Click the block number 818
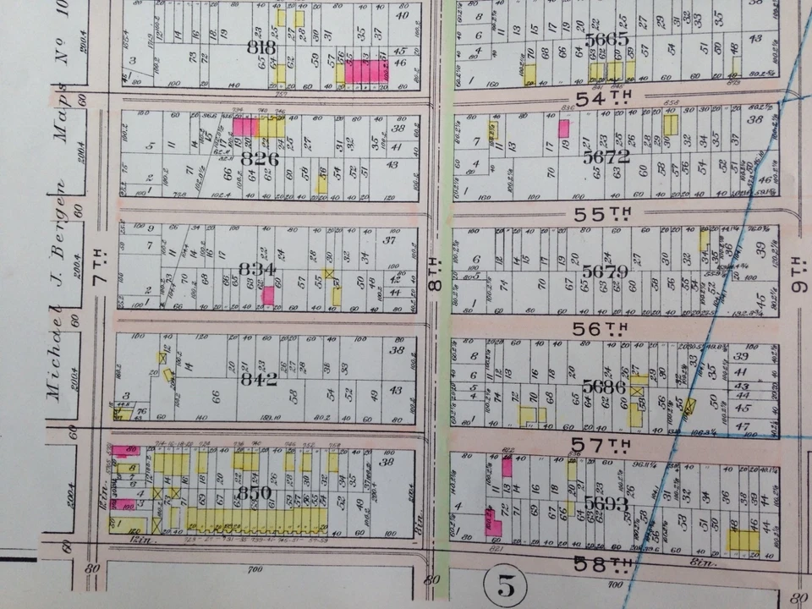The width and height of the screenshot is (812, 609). (x=261, y=48)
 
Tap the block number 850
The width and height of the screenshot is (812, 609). (x=255, y=493)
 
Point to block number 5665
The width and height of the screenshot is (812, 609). (x=606, y=40)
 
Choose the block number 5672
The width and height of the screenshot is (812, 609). (x=606, y=156)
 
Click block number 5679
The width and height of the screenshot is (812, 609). (x=605, y=271)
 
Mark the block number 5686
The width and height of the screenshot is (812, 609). (x=605, y=387)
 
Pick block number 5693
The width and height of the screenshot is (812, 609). (x=606, y=502)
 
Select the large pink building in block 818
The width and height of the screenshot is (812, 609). (x=366, y=71)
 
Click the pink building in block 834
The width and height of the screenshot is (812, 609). (x=268, y=295)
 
